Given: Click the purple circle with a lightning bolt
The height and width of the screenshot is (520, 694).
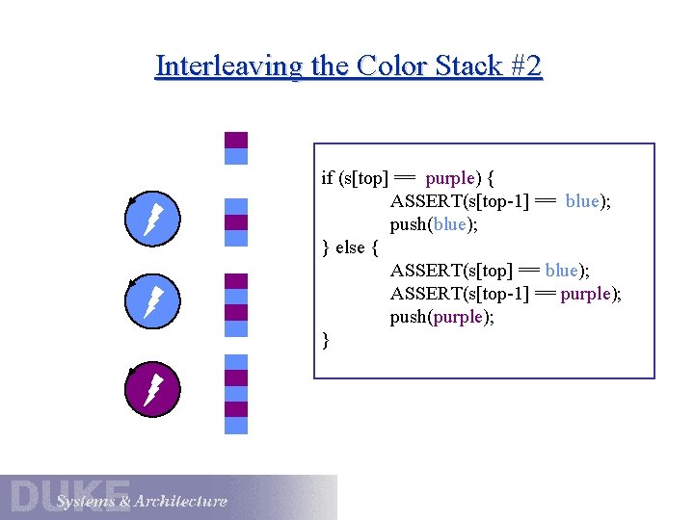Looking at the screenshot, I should coord(152,390).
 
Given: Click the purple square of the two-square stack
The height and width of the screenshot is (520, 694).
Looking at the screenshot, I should coord(236,140).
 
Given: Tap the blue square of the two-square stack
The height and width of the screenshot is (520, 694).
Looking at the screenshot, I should coord(236,156).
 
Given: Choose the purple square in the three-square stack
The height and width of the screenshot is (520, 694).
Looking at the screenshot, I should coord(236,222).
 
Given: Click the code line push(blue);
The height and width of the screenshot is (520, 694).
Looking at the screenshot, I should coord(434,224).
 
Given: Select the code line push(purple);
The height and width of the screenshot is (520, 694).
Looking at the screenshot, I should coord(441,317).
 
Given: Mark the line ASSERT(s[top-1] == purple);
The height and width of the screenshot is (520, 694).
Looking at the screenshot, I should coord(506,294).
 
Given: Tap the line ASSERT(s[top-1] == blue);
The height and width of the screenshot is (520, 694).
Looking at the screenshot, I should coord(500,201).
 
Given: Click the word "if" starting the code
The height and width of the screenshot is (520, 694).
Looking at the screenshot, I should coord(327,178).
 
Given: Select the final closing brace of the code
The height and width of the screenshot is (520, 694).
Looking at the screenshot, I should coord(326,340).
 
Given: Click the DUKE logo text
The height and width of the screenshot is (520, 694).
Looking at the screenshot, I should coord(69,494).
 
